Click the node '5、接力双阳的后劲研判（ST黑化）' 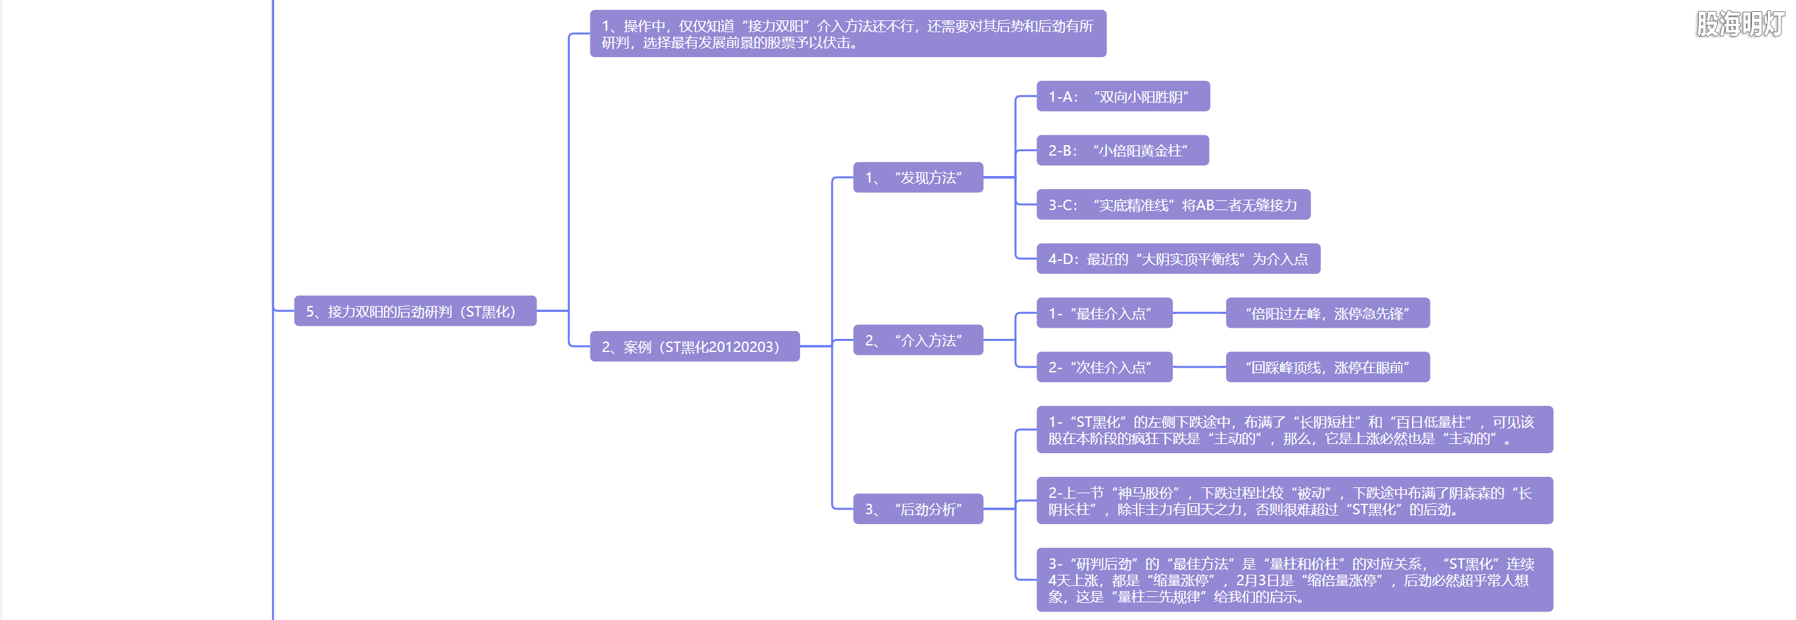[x=415, y=311]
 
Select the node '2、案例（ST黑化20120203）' [x=694, y=346]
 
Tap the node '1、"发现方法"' [x=918, y=177]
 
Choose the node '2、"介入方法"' [x=918, y=340]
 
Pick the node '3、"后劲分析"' [x=918, y=509]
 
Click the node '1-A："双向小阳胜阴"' [x=1123, y=96]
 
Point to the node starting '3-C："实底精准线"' [x=1173, y=205]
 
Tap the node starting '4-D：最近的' [x=1177, y=259]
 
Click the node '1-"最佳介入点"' [x=1104, y=313]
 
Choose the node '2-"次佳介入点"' [x=1104, y=367]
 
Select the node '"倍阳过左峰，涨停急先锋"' [x=1327, y=313]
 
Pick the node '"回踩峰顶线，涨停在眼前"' [x=1327, y=367]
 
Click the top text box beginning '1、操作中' [x=847, y=34]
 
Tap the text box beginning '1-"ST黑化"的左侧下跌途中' [x=1294, y=430]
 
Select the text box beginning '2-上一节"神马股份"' [x=1294, y=501]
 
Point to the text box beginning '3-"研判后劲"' [x=1294, y=579]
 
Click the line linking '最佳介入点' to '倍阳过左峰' [x=1199, y=313]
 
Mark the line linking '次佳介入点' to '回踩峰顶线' [x=1199, y=367]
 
